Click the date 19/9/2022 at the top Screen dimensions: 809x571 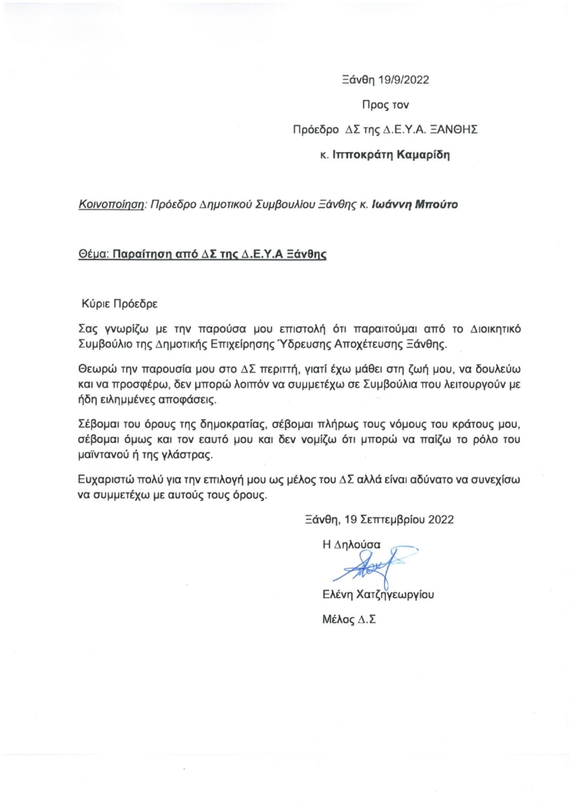(x=402, y=79)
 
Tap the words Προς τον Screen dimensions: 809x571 (x=385, y=104)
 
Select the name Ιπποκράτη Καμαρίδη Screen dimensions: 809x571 (x=391, y=154)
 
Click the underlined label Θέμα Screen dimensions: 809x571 (x=92, y=256)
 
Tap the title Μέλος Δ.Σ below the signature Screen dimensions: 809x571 (x=349, y=619)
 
